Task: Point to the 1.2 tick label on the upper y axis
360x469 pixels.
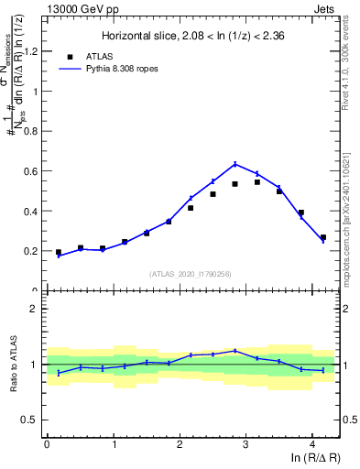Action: coord(30,51)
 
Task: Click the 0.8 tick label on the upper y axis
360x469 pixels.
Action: coord(30,131)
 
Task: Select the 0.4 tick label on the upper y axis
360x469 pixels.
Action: coord(30,211)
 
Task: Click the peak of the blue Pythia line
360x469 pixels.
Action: coord(235,164)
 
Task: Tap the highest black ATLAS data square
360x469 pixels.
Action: coord(257,182)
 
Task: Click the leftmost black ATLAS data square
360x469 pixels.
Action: coord(59,252)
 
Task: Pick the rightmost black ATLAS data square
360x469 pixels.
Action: coord(322,237)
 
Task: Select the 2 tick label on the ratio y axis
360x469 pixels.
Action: coord(34,309)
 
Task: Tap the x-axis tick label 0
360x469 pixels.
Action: coord(47,446)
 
